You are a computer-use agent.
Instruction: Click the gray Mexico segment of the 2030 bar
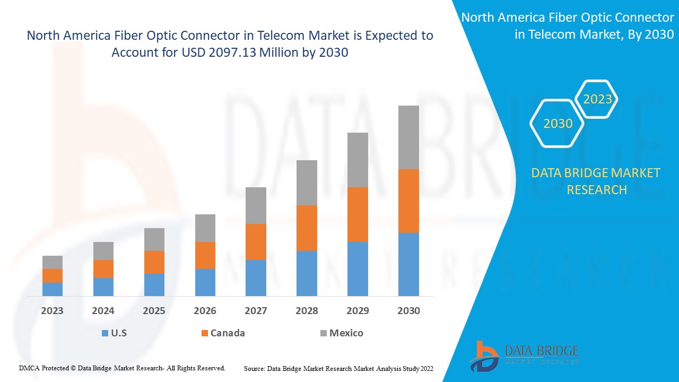click(408, 137)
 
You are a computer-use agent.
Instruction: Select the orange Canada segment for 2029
click(358, 214)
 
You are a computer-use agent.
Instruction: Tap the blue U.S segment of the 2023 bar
click(53, 289)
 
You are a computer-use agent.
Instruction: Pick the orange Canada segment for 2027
click(256, 242)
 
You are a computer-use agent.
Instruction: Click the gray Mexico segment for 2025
click(154, 239)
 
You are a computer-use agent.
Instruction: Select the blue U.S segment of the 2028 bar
click(307, 273)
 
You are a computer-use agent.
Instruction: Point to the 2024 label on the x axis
click(103, 311)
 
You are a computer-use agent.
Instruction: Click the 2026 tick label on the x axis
click(205, 311)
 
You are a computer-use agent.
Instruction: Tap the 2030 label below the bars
click(408, 311)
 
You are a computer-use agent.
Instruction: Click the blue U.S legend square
click(105, 333)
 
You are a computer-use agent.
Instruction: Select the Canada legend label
click(228, 333)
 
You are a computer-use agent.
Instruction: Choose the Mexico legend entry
click(346, 333)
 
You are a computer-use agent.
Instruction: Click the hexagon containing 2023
click(597, 99)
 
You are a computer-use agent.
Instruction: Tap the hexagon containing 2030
click(558, 124)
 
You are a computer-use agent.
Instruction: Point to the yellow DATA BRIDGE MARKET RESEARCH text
click(596, 181)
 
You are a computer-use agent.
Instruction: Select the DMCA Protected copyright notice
click(122, 368)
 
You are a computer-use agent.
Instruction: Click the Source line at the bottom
click(338, 368)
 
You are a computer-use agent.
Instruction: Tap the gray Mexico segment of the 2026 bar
click(205, 228)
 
